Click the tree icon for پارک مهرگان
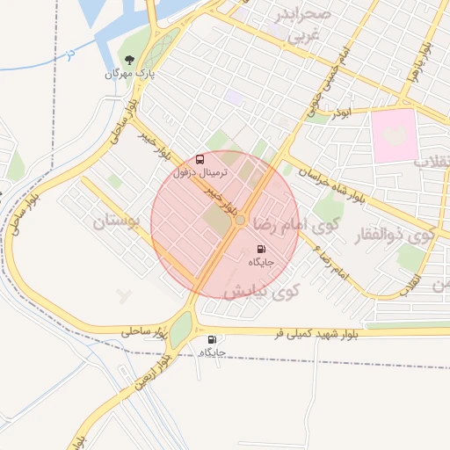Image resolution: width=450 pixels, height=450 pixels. (130, 61)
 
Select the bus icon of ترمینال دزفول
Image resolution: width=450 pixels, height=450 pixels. (201, 160)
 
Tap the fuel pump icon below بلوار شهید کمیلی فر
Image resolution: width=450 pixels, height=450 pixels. (211, 339)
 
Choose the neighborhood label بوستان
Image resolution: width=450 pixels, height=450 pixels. (117, 221)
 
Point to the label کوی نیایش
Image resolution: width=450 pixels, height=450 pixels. (263, 291)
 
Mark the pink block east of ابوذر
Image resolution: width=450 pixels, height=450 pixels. (393, 134)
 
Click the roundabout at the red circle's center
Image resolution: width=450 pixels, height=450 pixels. (239, 222)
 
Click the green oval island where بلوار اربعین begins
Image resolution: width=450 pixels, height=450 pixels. (180, 330)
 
